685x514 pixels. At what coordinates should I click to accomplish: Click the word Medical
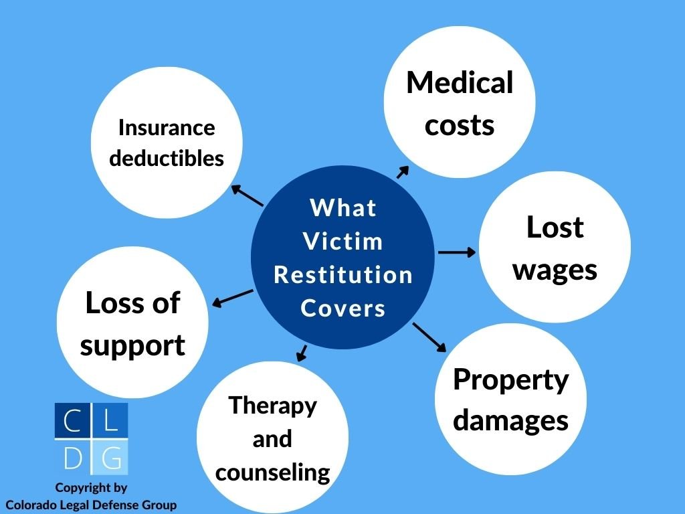tap(460, 82)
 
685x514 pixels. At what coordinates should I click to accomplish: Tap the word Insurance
tap(167, 128)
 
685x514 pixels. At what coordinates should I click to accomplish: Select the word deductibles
tap(167, 158)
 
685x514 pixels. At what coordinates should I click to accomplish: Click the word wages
tap(555, 271)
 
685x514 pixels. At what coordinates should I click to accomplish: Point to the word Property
tap(510, 380)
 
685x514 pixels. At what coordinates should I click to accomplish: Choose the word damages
tap(510, 421)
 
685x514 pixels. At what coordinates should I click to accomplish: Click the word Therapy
tap(273, 406)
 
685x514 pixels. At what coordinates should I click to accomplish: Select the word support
tap(132, 347)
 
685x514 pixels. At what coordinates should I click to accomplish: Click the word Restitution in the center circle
tap(343, 275)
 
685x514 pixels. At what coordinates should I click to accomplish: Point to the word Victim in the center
tap(343, 241)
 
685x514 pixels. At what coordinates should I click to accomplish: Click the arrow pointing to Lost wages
tap(457, 252)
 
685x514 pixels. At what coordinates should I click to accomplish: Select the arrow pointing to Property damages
tap(429, 337)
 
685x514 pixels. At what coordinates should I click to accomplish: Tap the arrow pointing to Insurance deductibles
tap(247, 195)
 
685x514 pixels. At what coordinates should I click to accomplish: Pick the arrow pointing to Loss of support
tap(232, 298)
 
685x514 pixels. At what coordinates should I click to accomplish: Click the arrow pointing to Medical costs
tap(403, 172)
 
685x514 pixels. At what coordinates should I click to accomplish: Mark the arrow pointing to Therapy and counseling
tap(302, 353)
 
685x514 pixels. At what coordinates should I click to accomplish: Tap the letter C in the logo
tap(72, 420)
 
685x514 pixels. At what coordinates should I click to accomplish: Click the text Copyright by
tap(91, 488)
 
